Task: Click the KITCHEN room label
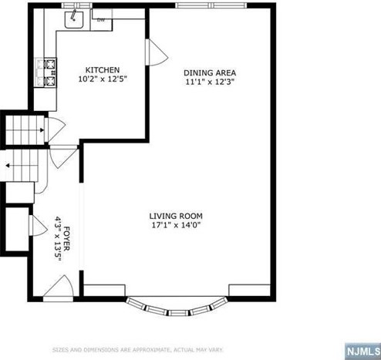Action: [x=103, y=70]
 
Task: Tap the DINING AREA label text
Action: [x=210, y=72]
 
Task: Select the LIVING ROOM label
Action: [x=176, y=216]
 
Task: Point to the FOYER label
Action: [x=66, y=239]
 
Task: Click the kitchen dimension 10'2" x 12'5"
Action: [x=103, y=79]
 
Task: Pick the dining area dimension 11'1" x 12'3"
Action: [x=211, y=82]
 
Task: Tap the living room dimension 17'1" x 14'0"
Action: [x=176, y=225]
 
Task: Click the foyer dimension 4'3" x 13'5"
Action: [x=58, y=239]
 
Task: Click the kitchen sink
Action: [x=74, y=19]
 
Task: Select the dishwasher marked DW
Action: [x=101, y=20]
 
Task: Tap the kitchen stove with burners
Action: [x=51, y=73]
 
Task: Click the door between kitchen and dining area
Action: [x=157, y=52]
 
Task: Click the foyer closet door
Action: [x=38, y=225]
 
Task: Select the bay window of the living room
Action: [x=177, y=308]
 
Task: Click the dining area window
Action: [x=211, y=5]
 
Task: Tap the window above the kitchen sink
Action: [x=76, y=5]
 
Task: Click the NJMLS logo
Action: [x=362, y=352]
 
